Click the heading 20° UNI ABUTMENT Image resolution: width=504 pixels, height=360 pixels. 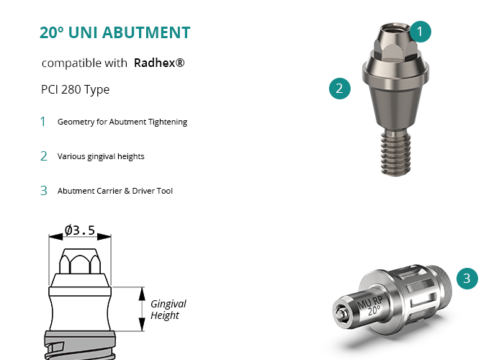[x=114, y=32]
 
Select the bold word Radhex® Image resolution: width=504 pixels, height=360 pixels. [x=159, y=63]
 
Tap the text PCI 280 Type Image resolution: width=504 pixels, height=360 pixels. [x=75, y=89]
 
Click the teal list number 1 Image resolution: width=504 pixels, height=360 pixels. [x=42, y=122]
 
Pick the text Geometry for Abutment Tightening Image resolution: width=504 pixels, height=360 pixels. [x=122, y=122]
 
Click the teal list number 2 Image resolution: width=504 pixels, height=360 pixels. [x=44, y=156]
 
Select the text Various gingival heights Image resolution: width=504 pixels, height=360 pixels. [x=101, y=156]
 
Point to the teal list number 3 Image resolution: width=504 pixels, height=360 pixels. [x=44, y=191]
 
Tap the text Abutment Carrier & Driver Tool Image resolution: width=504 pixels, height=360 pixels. [x=115, y=191]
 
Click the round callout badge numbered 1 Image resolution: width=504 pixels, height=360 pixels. [x=420, y=32]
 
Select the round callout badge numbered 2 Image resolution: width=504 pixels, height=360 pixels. [x=340, y=89]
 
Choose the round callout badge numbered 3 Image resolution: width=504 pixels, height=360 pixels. [x=467, y=279]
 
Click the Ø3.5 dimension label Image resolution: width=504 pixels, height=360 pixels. [x=80, y=230]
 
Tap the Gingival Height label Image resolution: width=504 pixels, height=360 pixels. [x=168, y=309]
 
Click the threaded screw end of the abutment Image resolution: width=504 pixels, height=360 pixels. [x=396, y=153]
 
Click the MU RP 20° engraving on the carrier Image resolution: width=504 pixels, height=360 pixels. [x=370, y=305]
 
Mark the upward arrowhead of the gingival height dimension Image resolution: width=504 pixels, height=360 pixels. [x=142, y=294]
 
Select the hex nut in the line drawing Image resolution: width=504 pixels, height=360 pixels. [x=80, y=261]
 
